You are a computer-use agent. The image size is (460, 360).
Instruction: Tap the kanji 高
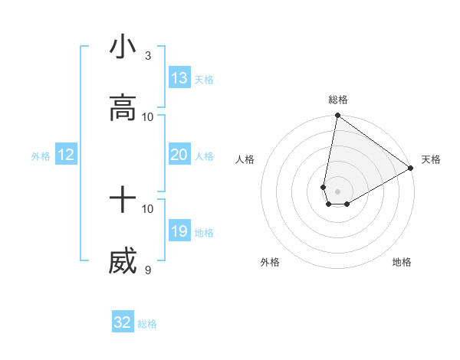pyautogui.click(x=123, y=109)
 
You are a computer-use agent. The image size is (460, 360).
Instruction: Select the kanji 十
pyautogui.click(x=123, y=201)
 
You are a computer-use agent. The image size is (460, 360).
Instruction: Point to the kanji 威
pyautogui.click(x=123, y=262)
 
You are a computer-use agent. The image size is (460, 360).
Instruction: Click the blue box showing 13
pyautogui.click(x=179, y=78)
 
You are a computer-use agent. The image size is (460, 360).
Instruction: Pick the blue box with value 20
pyautogui.click(x=179, y=155)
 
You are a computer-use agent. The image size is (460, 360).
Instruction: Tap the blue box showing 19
pyautogui.click(x=179, y=231)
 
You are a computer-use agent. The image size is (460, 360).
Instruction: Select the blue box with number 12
pyautogui.click(x=66, y=155)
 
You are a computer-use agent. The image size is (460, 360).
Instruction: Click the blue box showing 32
pyautogui.click(x=123, y=322)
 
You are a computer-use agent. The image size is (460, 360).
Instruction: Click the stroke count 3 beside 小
pyautogui.click(x=148, y=56)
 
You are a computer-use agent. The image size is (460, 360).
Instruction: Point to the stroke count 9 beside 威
pyautogui.click(x=148, y=270)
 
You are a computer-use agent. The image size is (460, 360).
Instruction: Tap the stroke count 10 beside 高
pyautogui.click(x=148, y=116)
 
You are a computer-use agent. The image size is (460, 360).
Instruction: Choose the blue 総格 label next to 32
pyautogui.click(x=148, y=324)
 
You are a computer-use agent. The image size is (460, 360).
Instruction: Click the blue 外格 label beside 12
pyautogui.click(x=41, y=156)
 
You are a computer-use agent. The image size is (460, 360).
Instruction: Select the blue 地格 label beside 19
pyautogui.click(x=204, y=233)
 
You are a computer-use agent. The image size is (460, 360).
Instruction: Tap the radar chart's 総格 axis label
pyautogui.click(x=338, y=100)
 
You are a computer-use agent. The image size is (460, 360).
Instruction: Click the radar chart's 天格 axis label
pyautogui.click(x=431, y=159)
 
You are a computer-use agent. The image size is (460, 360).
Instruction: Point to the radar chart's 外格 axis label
pyautogui.click(x=270, y=262)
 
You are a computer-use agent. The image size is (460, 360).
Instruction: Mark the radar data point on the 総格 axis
pyautogui.click(x=337, y=116)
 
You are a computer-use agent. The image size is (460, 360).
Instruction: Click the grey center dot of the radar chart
pyautogui.click(x=337, y=181)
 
